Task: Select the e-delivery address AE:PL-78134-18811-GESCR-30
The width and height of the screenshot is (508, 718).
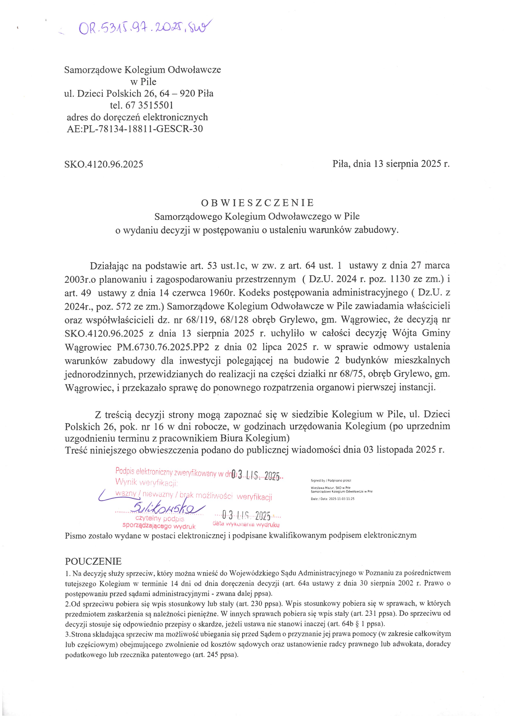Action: (x=135, y=129)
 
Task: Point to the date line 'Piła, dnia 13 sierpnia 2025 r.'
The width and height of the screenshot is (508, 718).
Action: (x=391, y=164)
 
